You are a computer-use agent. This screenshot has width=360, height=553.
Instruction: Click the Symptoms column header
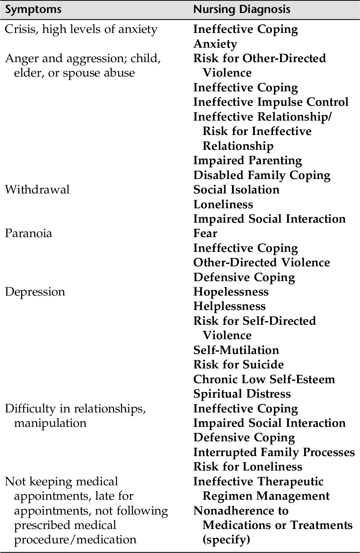pyautogui.click(x=33, y=10)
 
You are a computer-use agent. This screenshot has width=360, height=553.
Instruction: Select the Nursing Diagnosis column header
pyautogui.click(x=242, y=10)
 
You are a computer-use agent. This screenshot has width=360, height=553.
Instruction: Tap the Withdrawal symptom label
pyautogui.click(x=37, y=189)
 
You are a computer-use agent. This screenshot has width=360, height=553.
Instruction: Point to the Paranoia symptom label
pyautogui.click(x=28, y=233)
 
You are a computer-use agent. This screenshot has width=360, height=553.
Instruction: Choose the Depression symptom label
pyautogui.click(x=35, y=291)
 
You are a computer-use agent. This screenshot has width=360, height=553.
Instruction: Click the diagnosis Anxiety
pyautogui.click(x=215, y=44)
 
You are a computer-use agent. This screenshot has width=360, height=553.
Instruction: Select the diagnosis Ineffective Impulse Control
pyautogui.click(x=270, y=102)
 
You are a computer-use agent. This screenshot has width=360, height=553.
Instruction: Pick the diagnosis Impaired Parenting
pyautogui.click(x=247, y=160)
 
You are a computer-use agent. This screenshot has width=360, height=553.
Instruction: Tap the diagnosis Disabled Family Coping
pyautogui.click(x=262, y=175)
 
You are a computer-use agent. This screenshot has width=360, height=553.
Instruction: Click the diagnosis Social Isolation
pyautogui.click(x=236, y=189)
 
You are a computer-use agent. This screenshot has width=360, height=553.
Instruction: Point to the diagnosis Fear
pyautogui.click(x=205, y=233)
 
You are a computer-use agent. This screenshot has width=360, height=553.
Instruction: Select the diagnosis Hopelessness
pyautogui.click(x=231, y=291)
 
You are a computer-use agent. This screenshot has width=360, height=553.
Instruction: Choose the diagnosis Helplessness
pyautogui.click(x=229, y=306)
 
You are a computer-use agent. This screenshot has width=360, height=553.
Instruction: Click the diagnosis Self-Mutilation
pyautogui.click(x=236, y=350)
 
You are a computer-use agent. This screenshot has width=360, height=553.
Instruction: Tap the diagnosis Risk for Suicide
pyautogui.click(x=238, y=364)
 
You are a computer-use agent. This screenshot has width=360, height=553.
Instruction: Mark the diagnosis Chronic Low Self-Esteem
pyautogui.click(x=264, y=379)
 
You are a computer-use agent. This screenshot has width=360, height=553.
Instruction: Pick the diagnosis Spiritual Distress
pyautogui.click(x=242, y=394)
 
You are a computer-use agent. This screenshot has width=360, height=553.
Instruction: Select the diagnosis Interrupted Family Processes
pyautogui.click(x=274, y=452)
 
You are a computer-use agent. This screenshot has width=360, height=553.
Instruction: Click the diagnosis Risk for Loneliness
pyautogui.click(x=248, y=466)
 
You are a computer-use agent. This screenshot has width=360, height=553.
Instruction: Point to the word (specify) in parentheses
pyautogui.click(x=226, y=539)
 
